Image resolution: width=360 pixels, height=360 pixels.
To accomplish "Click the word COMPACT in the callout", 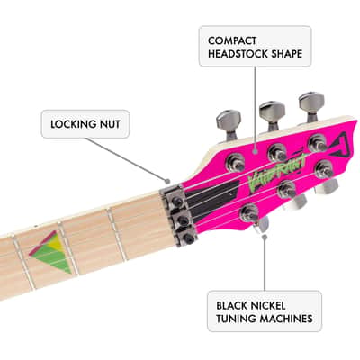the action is click(x=232, y=40).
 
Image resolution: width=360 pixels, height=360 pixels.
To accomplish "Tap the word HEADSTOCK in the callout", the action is click(x=238, y=54).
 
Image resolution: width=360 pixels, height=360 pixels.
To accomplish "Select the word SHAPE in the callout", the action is click(x=287, y=54).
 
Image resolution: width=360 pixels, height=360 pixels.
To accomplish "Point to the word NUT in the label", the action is click(x=109, y=124).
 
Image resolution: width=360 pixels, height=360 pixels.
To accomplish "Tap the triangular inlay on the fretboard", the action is click(x=52, y=251).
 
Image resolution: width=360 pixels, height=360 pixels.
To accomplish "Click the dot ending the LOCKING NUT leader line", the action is click(x=167, y=181).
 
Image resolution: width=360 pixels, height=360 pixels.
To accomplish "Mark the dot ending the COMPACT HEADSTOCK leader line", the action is click(x=256, y=152).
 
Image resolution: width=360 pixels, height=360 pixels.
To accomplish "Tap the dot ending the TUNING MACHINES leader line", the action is click(x=265, y=237).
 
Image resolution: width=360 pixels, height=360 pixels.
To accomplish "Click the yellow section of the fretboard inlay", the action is click(x=56, y=243).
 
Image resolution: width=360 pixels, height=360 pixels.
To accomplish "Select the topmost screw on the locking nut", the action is click(x=177, y=201).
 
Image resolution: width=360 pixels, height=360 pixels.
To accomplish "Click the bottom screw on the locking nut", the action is click(x=188, y=238).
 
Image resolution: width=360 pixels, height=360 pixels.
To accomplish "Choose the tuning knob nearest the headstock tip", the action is click(x=311, y=104).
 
